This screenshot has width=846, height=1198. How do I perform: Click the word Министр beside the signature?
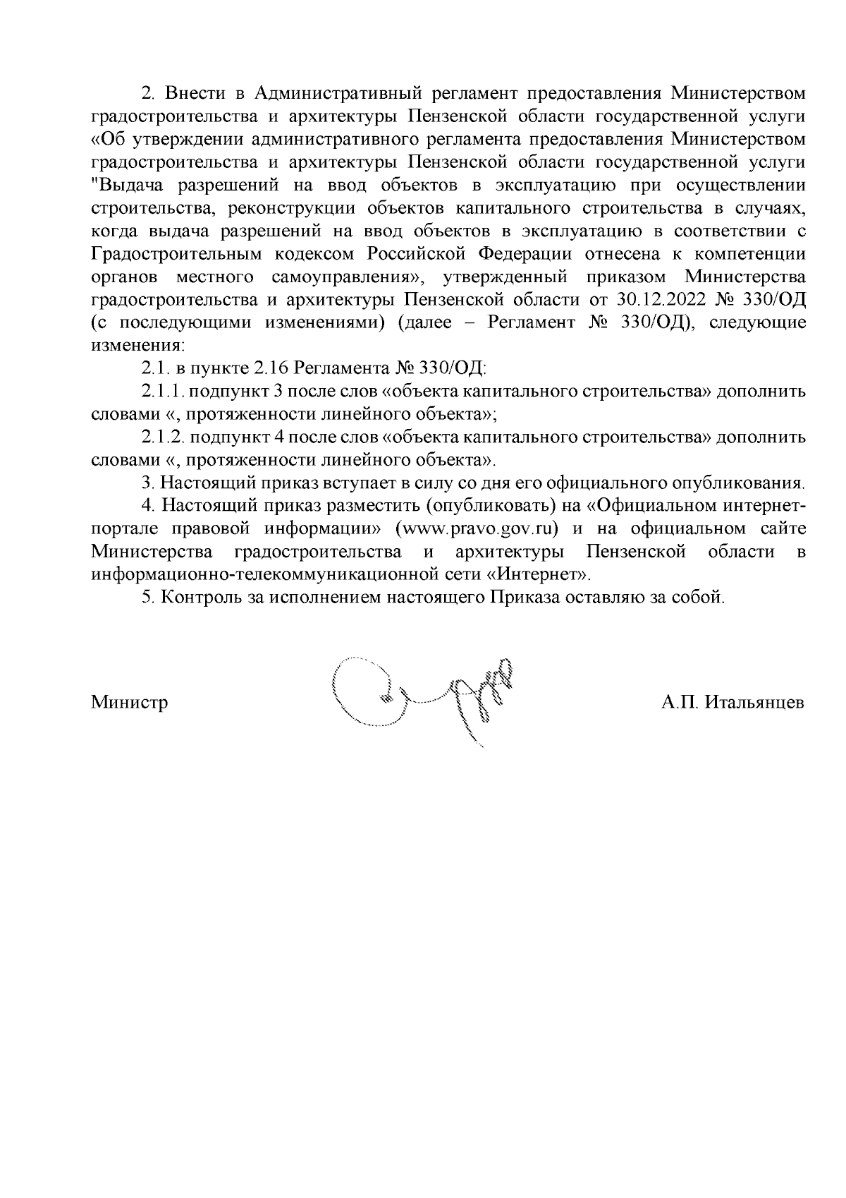pos(129,703)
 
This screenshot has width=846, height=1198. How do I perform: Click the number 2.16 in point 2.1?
pos(269,368)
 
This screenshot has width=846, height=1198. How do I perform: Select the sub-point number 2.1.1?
pos(163,392)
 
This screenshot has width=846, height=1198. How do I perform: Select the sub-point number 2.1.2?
pos(163,437)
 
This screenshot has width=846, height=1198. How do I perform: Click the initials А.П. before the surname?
pos(679,703)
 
